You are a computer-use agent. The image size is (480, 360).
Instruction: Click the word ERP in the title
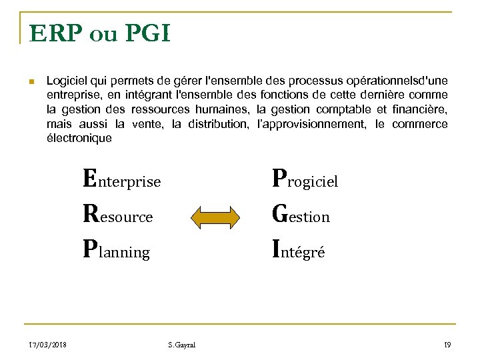(x=53, y=33)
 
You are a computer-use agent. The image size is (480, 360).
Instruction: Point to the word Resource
(x=117, y=215)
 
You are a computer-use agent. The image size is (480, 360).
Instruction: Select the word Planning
(x=116, y=251)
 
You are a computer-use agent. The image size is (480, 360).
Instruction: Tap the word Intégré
(x=299, y=251)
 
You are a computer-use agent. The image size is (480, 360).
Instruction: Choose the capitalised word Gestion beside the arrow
(x=301, y=215)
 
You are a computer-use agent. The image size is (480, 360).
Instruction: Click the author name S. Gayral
(x=182, y=344)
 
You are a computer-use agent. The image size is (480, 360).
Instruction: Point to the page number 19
(x=447, y=344)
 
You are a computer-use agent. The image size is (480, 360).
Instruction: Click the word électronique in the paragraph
(x=79, y=139)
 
